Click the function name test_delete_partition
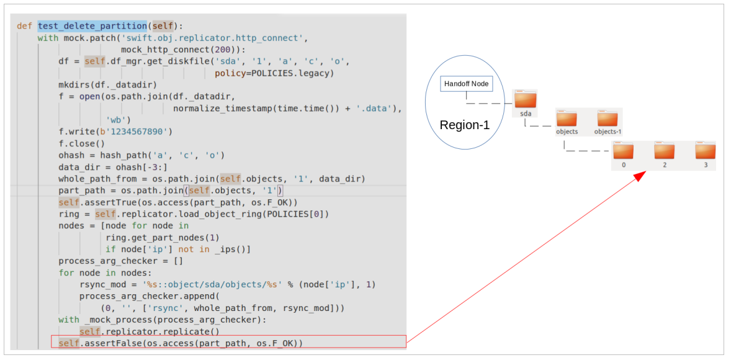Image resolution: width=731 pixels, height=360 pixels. tap(92, 26)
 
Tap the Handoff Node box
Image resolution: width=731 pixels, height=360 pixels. tap(466, 84)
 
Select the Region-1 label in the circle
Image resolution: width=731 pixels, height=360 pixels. tap(464, 125)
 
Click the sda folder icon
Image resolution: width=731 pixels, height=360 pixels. tap(526, 100)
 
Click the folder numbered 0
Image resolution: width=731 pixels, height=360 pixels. tap(623, 152)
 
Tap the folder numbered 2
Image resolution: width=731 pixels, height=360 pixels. tap(664, 152)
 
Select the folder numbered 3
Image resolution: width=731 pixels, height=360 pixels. tap(705, 152)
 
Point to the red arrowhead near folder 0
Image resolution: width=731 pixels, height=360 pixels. tap(640, 177)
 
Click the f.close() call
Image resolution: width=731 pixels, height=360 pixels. tap(82, 143)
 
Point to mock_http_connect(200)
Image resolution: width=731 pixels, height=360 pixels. tap(181, 50)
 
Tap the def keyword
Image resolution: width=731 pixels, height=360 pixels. tap(24, 26)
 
